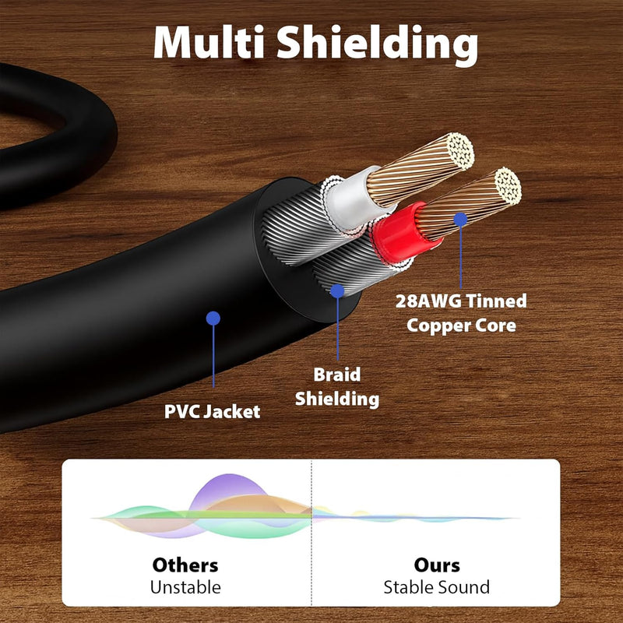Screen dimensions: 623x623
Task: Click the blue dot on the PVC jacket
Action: [213, 318]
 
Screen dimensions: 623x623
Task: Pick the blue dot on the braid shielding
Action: [337, 290]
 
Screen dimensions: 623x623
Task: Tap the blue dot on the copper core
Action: [460, 220]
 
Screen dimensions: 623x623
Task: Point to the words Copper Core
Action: [461, 325]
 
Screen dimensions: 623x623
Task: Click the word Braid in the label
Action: [337, 375]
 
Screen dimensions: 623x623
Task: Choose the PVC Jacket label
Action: [212, 410]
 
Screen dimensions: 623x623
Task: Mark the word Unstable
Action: [185, 586]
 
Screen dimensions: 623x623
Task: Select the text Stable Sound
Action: [437, 586]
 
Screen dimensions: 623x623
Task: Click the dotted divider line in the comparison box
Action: [311, 537]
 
